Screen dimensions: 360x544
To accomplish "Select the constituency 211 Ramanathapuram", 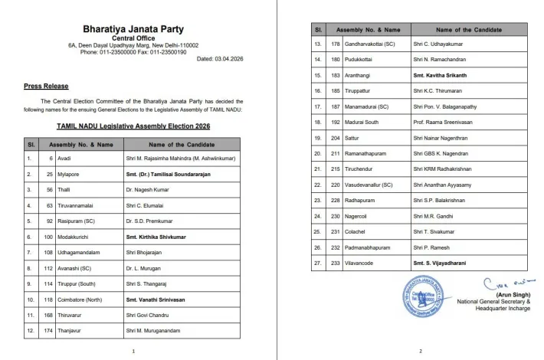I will (362, 153).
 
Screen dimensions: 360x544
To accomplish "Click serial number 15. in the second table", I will (316, 75).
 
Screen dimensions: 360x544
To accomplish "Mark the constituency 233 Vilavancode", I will (357, 263).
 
